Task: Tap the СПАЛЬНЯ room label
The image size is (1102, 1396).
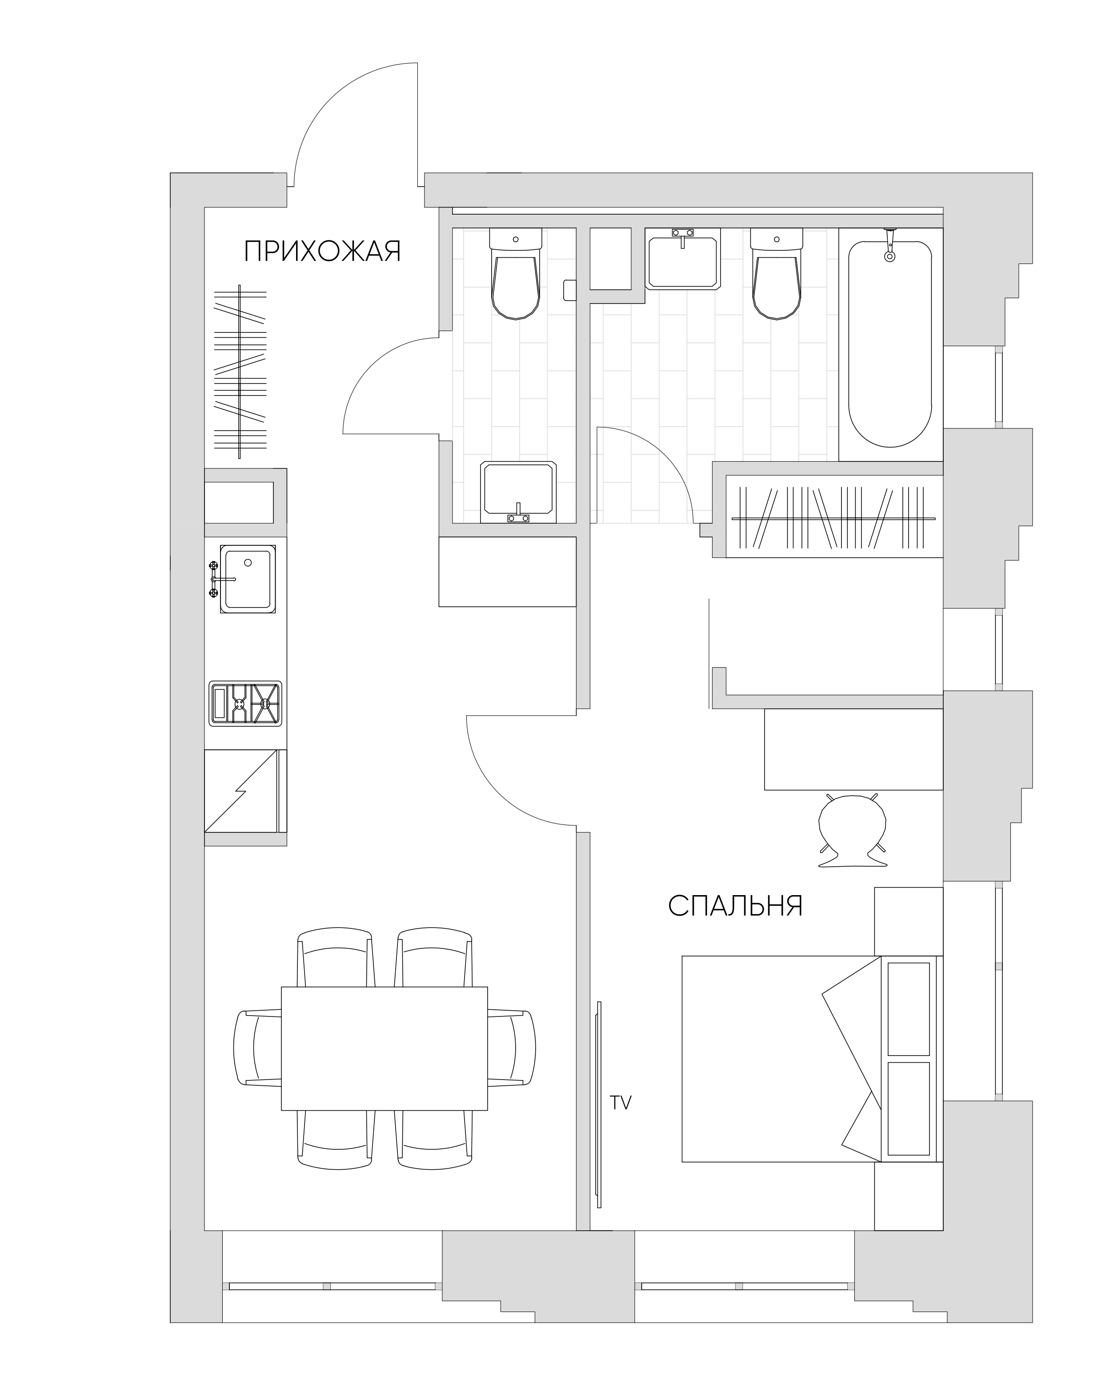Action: pos(736,906)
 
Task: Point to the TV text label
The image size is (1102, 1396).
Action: pos(621,1103)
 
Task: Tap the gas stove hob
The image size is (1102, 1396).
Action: pos(246,703)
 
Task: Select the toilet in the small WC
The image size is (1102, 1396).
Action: pos(516,274)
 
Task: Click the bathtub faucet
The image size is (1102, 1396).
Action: pos(890,244)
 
